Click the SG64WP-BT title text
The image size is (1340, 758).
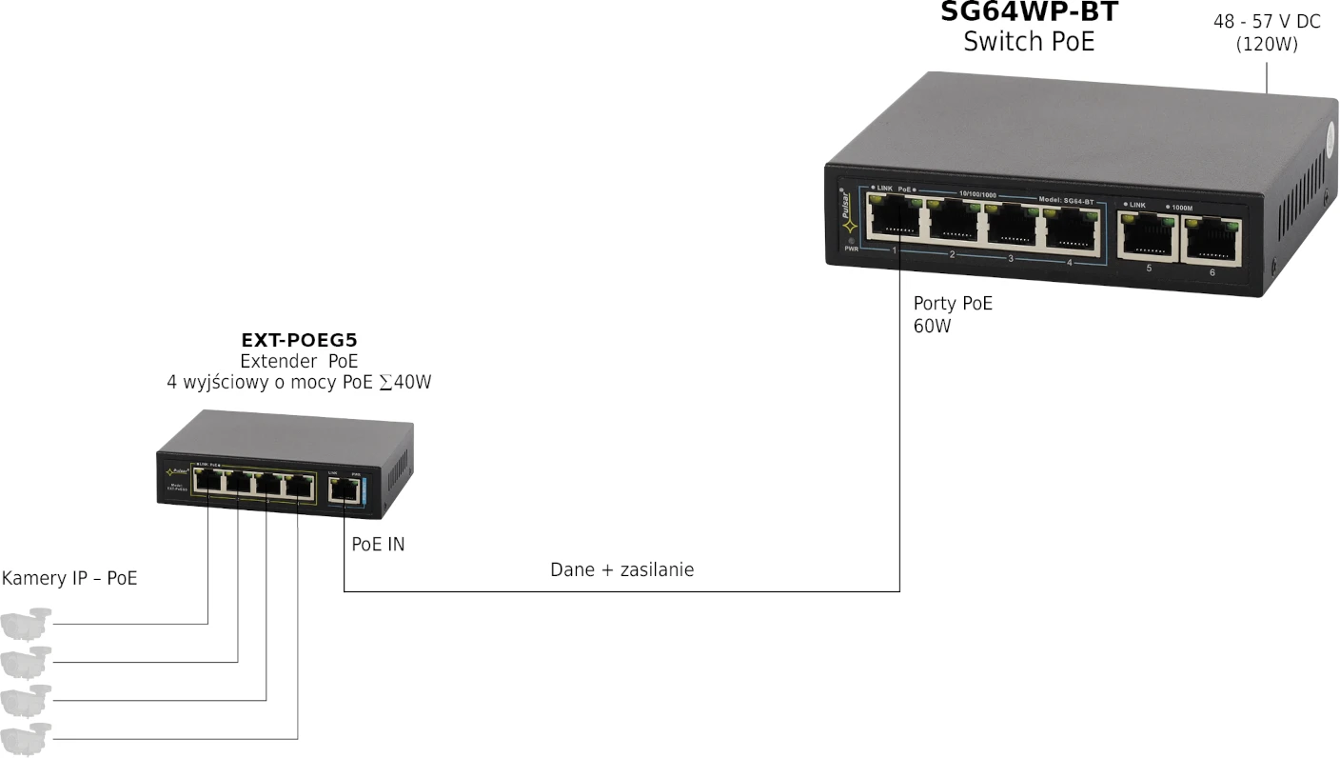[x=1029, y=11]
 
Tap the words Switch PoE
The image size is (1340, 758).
[x=1029, y=42]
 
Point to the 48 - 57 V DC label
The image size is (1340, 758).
[x=1267, y=21]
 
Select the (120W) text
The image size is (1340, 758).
[x=1267, y=44]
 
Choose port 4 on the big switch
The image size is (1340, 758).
[x=1070, y=227]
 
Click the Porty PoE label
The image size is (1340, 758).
[x=953, y=304]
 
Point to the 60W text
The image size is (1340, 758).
[x=933, y=327]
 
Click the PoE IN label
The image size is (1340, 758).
[x=378, y=545]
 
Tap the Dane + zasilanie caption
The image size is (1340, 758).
[x=622, y=569]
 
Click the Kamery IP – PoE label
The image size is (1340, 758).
[x=69, y=578]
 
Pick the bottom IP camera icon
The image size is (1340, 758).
[x=25, y=738]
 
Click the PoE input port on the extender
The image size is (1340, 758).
[x=341, y=490]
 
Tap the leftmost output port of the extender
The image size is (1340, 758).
[x=208, y=482]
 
